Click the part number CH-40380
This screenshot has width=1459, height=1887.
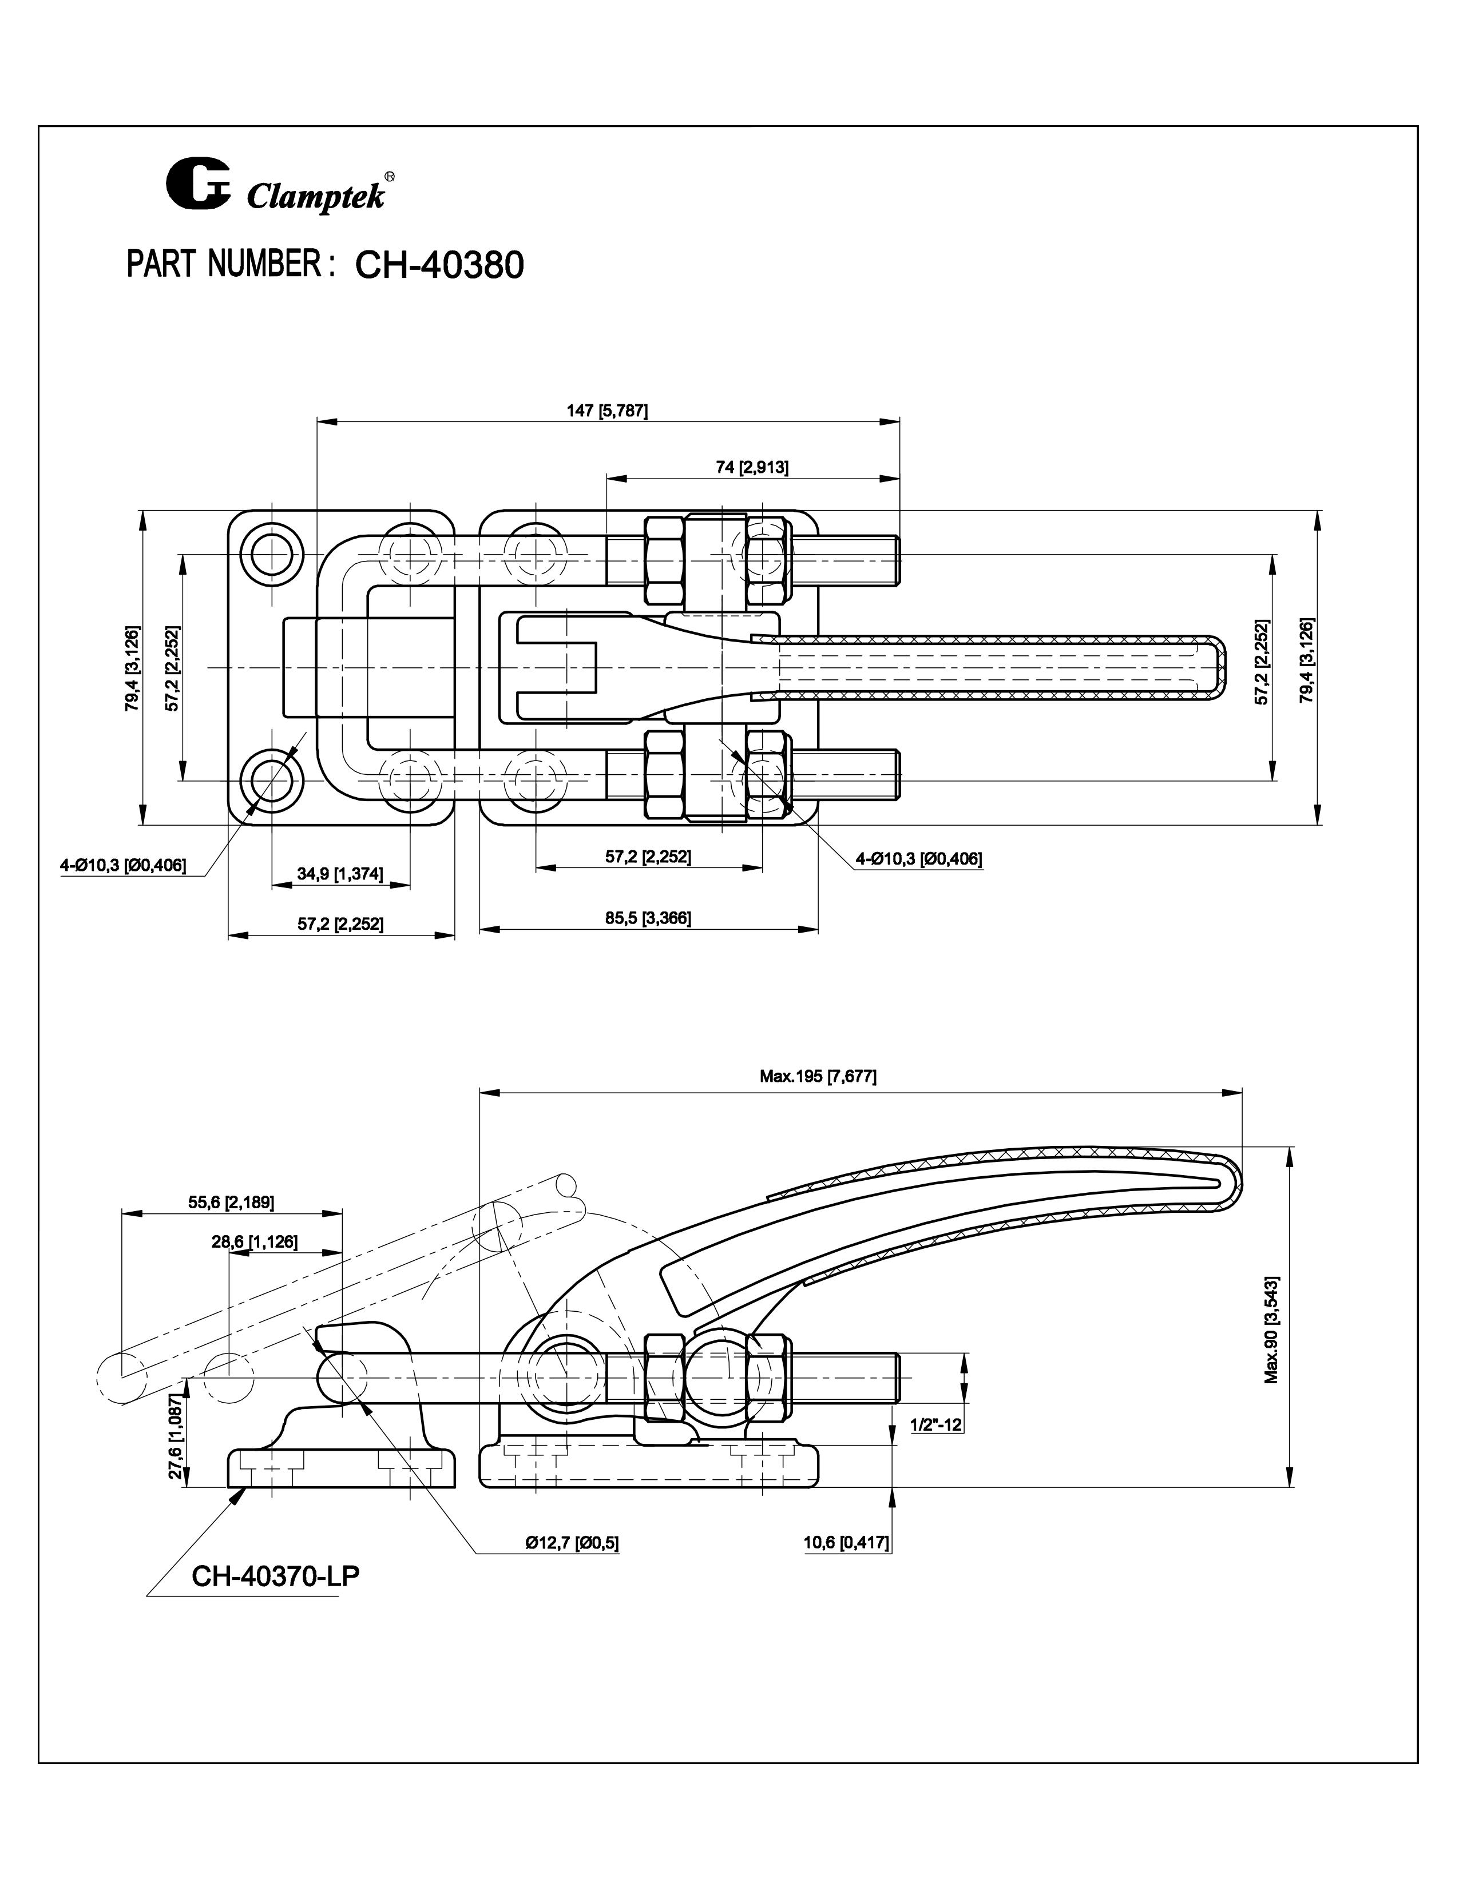(439, 265)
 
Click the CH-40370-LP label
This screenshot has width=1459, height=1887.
(275, 1576)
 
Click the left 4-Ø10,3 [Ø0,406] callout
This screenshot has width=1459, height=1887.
(123, 865)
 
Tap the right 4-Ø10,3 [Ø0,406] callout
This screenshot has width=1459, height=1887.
(918, 859)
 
